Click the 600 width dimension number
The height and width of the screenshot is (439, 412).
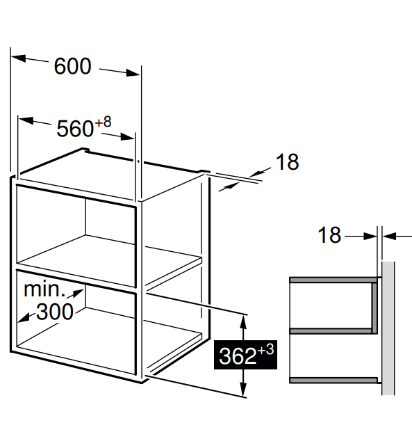pos(73,67)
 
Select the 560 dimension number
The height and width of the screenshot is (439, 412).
pos(75,129)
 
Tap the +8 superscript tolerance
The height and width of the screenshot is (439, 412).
pos(103,122)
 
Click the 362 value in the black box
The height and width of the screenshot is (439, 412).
pos(238,356)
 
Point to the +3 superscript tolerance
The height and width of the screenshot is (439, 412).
pos(265,350)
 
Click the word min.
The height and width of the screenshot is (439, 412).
pos(44,289)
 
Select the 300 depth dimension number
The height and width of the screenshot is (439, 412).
pos(55,312)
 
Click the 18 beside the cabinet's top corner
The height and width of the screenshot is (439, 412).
pos(288,162)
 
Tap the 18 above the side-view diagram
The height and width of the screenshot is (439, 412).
pos(329,234)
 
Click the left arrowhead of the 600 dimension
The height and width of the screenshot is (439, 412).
pos(19,58)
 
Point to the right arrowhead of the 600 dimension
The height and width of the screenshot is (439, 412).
pos(133,73)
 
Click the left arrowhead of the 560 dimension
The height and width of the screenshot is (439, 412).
pos(26,120)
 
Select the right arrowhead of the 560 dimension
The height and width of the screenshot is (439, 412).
pos(127,137)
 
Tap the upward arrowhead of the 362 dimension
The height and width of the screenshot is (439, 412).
pos(244,322)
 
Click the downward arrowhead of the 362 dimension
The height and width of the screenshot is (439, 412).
pos(244,390)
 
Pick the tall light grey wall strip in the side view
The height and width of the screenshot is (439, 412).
pos(388,328)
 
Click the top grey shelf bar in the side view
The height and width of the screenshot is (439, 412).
pos(333,280)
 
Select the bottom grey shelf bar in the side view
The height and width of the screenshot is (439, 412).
pos(333,380)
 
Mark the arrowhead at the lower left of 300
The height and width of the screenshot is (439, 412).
pos(24,318)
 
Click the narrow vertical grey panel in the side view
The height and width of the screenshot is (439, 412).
pos(374,308)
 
